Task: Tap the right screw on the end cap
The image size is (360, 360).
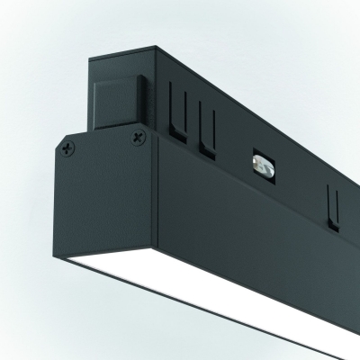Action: [137, 136]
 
